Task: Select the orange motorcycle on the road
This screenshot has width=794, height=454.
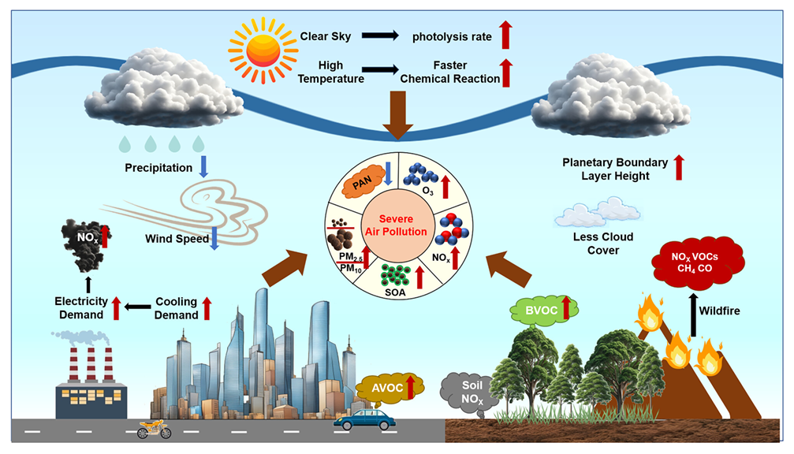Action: [x=154, y=430]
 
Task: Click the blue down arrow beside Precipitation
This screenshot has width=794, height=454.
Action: [x=203, y=166]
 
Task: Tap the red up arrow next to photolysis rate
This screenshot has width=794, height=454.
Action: [x=505, y=35]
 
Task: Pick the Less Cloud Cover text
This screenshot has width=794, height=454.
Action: [x=604, y=244]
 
